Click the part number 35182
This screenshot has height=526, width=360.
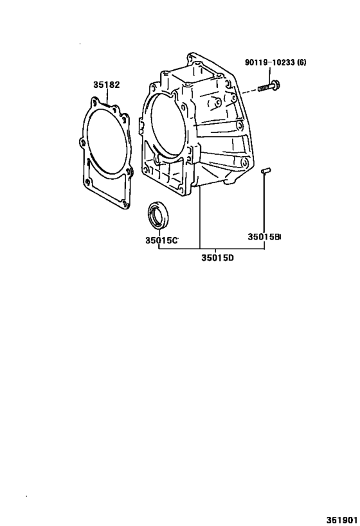(x=106, y=85)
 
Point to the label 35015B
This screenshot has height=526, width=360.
(x=264, y=237)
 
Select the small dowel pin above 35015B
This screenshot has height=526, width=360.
(x=265, y=170)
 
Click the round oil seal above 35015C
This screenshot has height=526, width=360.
(x=157, y=215)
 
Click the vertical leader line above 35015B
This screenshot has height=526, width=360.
(x=264, y=206)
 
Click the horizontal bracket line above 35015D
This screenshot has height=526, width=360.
(x=212, y=249)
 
